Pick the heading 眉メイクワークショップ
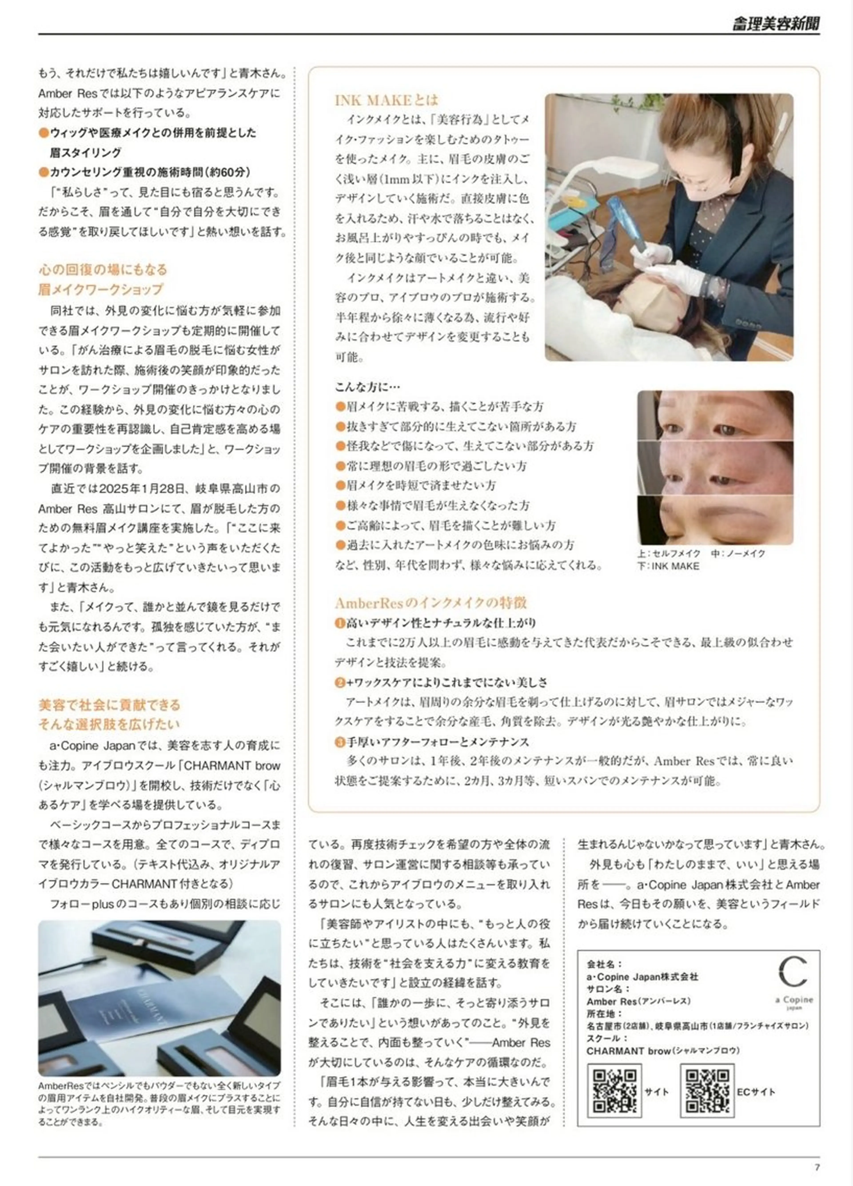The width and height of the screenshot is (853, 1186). tap(101, 289)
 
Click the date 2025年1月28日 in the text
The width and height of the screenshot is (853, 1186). tap(142, 488)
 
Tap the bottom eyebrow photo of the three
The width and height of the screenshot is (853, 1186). tap(715, 520)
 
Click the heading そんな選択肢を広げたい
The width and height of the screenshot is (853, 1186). tap(109, 724)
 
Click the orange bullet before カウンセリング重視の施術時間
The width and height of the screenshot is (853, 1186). tap(44, 172)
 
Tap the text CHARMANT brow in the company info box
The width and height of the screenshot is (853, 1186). tap(628, 1050)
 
